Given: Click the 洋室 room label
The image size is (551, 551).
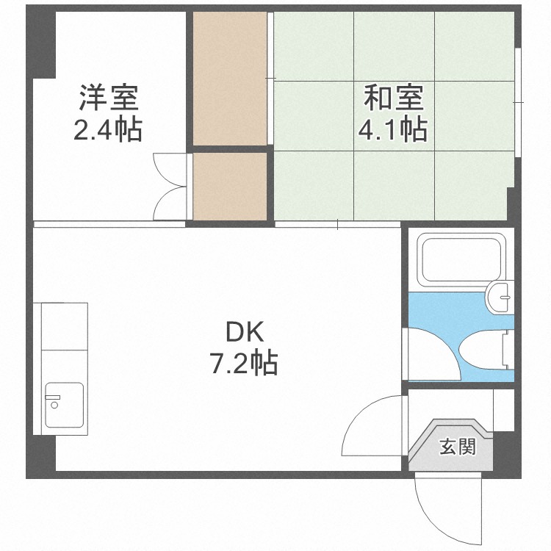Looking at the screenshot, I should point(109,98).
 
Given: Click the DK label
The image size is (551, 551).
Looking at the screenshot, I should point(244,333).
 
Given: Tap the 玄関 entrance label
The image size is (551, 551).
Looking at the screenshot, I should point(457,446).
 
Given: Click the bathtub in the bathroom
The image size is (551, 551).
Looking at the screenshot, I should point(458,258).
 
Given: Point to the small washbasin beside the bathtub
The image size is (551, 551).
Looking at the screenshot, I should point(499,295).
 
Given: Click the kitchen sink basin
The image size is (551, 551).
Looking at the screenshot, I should point(65,404).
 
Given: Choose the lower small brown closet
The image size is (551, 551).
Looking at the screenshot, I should point(229,185).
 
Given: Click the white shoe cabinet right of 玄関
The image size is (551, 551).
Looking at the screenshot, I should point(503,410).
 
